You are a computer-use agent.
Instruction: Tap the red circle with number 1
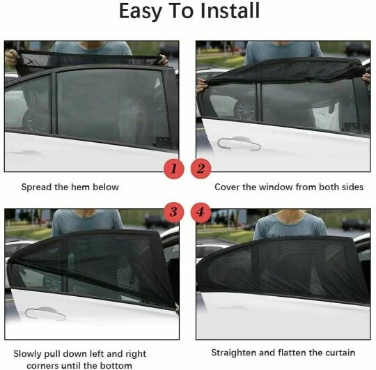tap(175, 168)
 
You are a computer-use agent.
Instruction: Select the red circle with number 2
tap(201, 168)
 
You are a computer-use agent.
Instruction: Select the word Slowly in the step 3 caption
tap(29, 353)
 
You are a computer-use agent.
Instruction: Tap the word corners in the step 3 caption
tap(43, 364)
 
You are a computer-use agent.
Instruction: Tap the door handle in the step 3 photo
tap(45, 314)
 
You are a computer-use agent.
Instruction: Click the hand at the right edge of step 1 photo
tap(163, 60)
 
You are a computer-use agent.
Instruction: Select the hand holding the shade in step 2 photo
tap(202, 84)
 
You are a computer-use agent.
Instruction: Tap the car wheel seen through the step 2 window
tap(244, 108)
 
